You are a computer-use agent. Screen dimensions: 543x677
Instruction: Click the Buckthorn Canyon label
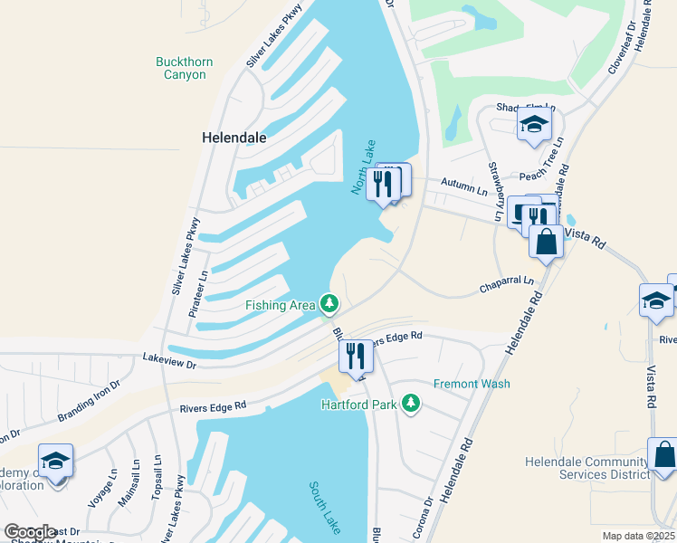click(185, 69)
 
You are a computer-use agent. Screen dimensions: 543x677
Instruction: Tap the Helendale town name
click(234, 138)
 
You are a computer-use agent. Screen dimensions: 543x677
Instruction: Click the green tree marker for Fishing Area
click(330, 303)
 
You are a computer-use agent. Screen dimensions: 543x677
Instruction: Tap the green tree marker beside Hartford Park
click(411, 403)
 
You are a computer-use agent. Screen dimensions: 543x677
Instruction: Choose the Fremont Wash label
click(472, 384)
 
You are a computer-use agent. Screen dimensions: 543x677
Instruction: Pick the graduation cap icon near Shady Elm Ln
click(534, 126)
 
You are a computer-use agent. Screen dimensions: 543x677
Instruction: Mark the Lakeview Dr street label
click(169, 360)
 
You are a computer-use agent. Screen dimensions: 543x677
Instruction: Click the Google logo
click(31, 532)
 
